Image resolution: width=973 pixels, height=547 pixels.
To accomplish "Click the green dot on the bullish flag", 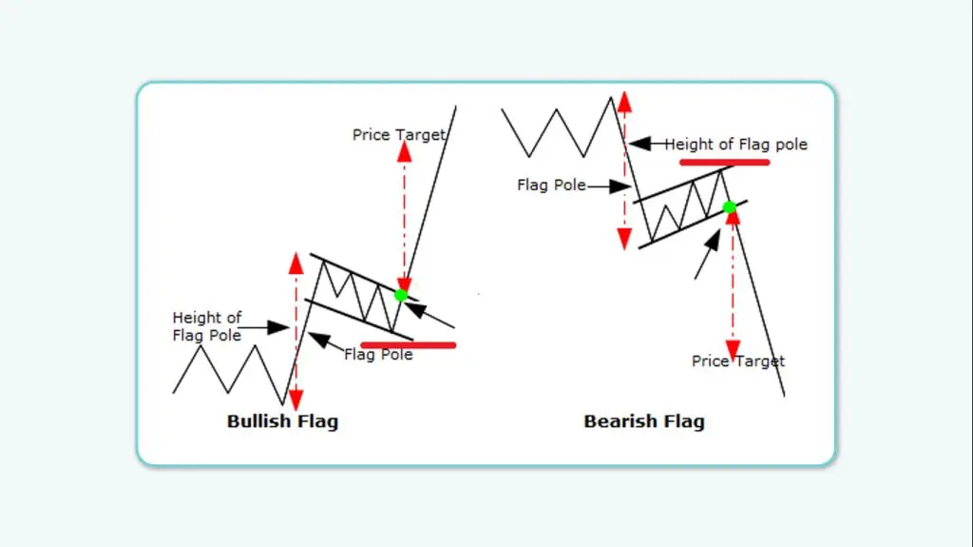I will coord(401,295).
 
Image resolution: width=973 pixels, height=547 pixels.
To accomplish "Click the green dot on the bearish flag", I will coord(729,207).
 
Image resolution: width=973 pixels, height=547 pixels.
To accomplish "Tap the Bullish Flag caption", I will coord(282,420).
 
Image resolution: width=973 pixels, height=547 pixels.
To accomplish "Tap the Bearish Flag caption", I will coord(644,420).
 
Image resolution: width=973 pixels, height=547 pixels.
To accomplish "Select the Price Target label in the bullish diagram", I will coord(398,135).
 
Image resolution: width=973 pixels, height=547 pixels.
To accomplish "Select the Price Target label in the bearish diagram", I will coord(738,361).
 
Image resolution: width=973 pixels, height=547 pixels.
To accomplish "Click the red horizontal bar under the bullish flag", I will coord(409,344).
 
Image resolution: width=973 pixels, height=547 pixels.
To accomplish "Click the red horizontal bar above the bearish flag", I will coord(724,163).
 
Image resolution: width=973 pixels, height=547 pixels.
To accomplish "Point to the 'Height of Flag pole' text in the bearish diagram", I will coord(735,145).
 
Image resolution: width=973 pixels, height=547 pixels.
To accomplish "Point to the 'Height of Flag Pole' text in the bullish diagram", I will coord(207,326).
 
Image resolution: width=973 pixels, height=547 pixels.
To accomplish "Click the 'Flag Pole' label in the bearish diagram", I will coord(551,186).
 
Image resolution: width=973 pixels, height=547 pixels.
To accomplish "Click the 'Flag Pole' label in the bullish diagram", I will coord(378,355).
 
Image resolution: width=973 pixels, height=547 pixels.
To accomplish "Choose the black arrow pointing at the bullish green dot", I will coord(430,315).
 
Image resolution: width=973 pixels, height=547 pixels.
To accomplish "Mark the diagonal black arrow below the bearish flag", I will coord(707,255).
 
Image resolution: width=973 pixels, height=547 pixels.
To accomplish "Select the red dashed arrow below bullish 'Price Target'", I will coord(404,219).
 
